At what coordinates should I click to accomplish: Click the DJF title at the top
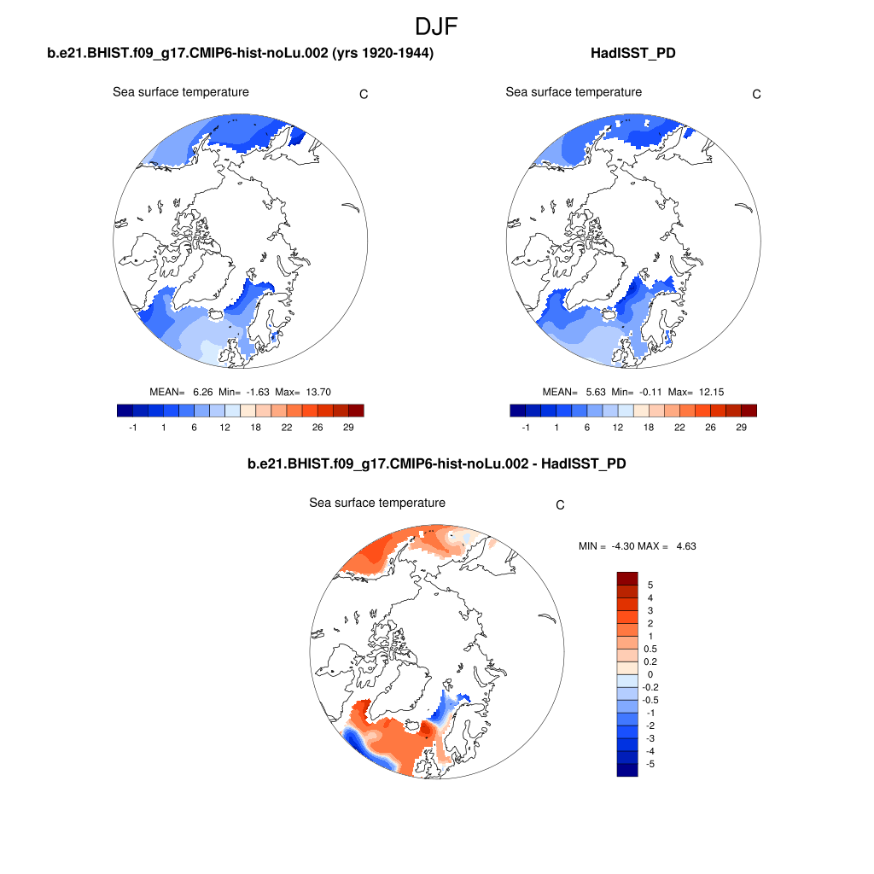point(436,26)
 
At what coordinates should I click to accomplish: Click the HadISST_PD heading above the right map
point(633,53)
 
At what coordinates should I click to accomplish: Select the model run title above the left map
point(241,53)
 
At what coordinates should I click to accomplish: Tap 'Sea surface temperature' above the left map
point(181,91)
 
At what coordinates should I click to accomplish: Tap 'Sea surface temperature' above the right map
point(574,91)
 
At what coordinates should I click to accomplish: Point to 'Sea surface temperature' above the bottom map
point(377,503)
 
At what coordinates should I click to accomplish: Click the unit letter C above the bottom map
point(560,504)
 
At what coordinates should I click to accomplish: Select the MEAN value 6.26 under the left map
point(202,392)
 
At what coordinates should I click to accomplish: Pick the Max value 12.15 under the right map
point(711,392)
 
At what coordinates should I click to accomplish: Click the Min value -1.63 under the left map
point(256,392)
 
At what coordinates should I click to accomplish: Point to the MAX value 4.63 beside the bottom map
point(685,545)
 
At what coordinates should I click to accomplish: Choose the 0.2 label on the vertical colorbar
point(650,661)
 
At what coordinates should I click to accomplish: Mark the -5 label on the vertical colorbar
point(650,764)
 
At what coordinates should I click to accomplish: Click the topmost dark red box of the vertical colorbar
point(627,578)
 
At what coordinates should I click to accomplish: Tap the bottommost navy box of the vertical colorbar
point(627,770)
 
